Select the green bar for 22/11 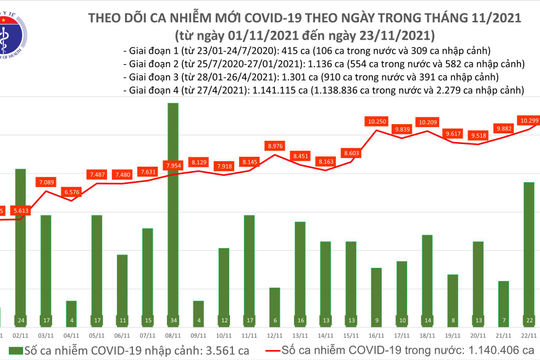click(527, 250)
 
